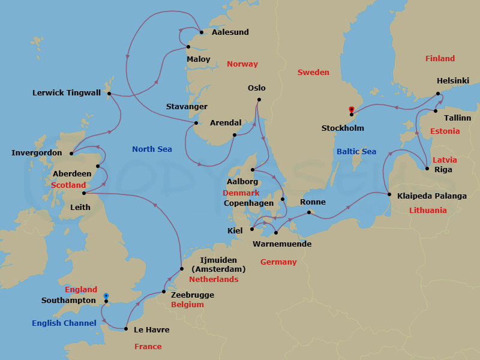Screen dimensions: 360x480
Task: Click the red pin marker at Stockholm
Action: pyautogui.click(x=351, y=110)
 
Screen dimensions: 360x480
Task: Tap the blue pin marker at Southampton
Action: pyautogui.click(x=106, y=296)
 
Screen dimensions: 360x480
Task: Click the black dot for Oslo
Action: pyautogui.click(x=259, y=100)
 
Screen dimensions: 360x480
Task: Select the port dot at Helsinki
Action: pyautogui.click(x=438, y=94)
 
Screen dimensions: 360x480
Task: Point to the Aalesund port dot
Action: pyautogui.click(x=201, y=32)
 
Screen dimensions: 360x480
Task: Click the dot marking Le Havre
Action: pyautogui.click(x=125, y=329)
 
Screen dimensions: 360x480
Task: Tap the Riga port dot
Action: pyautogui.click(x=427, y=169)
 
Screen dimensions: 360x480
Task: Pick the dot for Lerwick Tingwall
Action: pyautogui.click(x=109, y=94)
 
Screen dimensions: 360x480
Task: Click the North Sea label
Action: pyautogui.click(x=152, y=149)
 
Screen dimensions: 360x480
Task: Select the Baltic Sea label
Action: pyautogui.click(x=356, y=151)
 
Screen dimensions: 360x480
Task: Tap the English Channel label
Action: pyautogui.click(x=64, y=323)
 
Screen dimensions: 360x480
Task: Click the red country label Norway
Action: pyautogui.click(x=242, y=64)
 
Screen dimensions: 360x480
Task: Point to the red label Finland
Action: pyautogui.click(x=440, y=58)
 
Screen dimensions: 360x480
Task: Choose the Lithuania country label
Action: pyautogui.click(x=428, y=210)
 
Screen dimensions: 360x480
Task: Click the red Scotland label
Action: pyautogui.click(x=69, y=185)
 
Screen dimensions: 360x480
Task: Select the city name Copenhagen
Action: pyautogui.click(x=248, y=203)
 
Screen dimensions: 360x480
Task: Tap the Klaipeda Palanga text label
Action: pyautogui.click(x=431, y=196)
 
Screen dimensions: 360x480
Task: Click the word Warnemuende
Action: pyautogui.click(x=281, y=244)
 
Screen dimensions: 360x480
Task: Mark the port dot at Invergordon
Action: pyautogui.click(x=71, y=152)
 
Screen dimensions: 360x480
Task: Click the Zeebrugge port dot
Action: pyautogui.click(x=164, y=292)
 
